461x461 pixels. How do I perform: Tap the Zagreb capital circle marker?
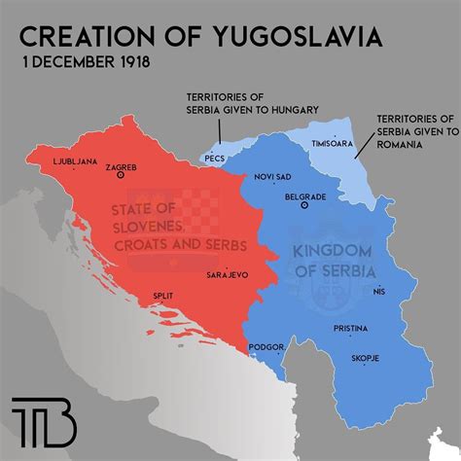(121, 176)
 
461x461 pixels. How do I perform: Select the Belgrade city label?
(304, 195)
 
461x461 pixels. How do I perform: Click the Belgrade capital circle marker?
(305, 206)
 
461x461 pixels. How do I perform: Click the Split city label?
(164, 296)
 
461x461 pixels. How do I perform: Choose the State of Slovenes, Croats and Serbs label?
(185, 227)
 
